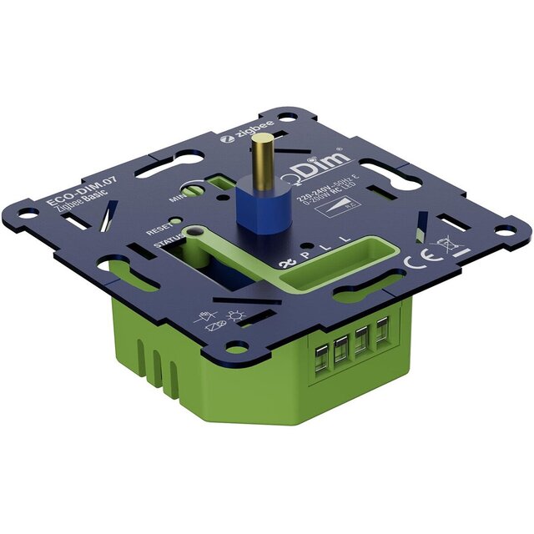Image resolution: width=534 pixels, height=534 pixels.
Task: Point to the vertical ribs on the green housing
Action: (159, 367)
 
